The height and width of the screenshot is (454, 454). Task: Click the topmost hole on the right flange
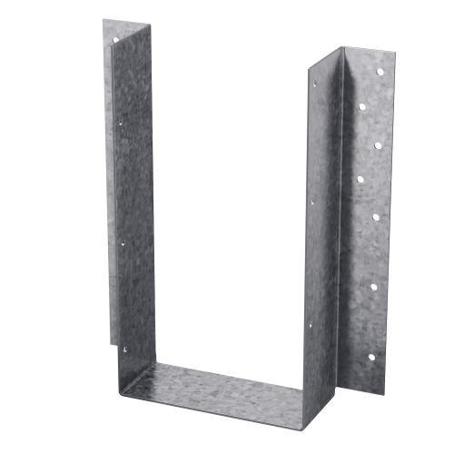coord(360,106)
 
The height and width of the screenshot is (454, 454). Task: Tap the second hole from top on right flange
coord(378,143)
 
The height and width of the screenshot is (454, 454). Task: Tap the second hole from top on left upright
coord(121,115)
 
